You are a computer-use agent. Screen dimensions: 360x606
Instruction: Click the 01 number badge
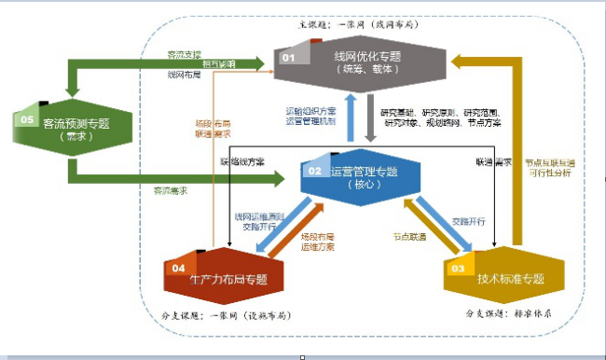[x=289, y=58]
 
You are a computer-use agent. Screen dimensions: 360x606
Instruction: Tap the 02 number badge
[x=314, y=171]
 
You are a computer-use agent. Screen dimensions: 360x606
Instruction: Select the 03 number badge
[x=458, y=269]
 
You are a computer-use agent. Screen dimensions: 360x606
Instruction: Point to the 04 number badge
[x=178, y=268]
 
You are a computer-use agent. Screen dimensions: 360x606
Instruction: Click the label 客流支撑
[x=184, y=54]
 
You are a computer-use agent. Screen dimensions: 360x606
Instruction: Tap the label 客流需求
[x=171, y=190]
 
